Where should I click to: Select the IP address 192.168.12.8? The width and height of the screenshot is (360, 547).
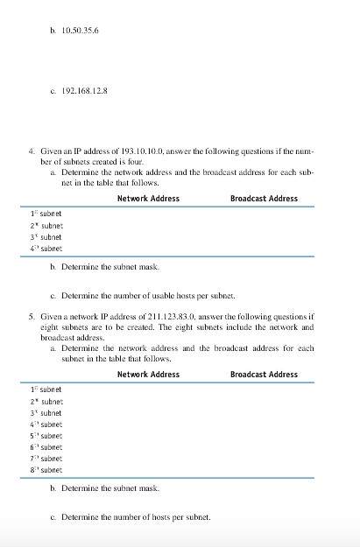pyautogui.click(x=85, y=89)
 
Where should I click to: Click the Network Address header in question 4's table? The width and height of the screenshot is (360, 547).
pyautogui.click(x=148, y=199)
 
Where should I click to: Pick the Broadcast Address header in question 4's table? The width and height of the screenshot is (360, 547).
pyautogui.click(x=264, y=199)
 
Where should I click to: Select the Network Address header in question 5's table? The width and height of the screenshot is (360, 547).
pyautogui.click(x=148, y=375)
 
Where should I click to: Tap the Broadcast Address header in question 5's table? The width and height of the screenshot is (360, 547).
pyautogui.click(x=264, y=375)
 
